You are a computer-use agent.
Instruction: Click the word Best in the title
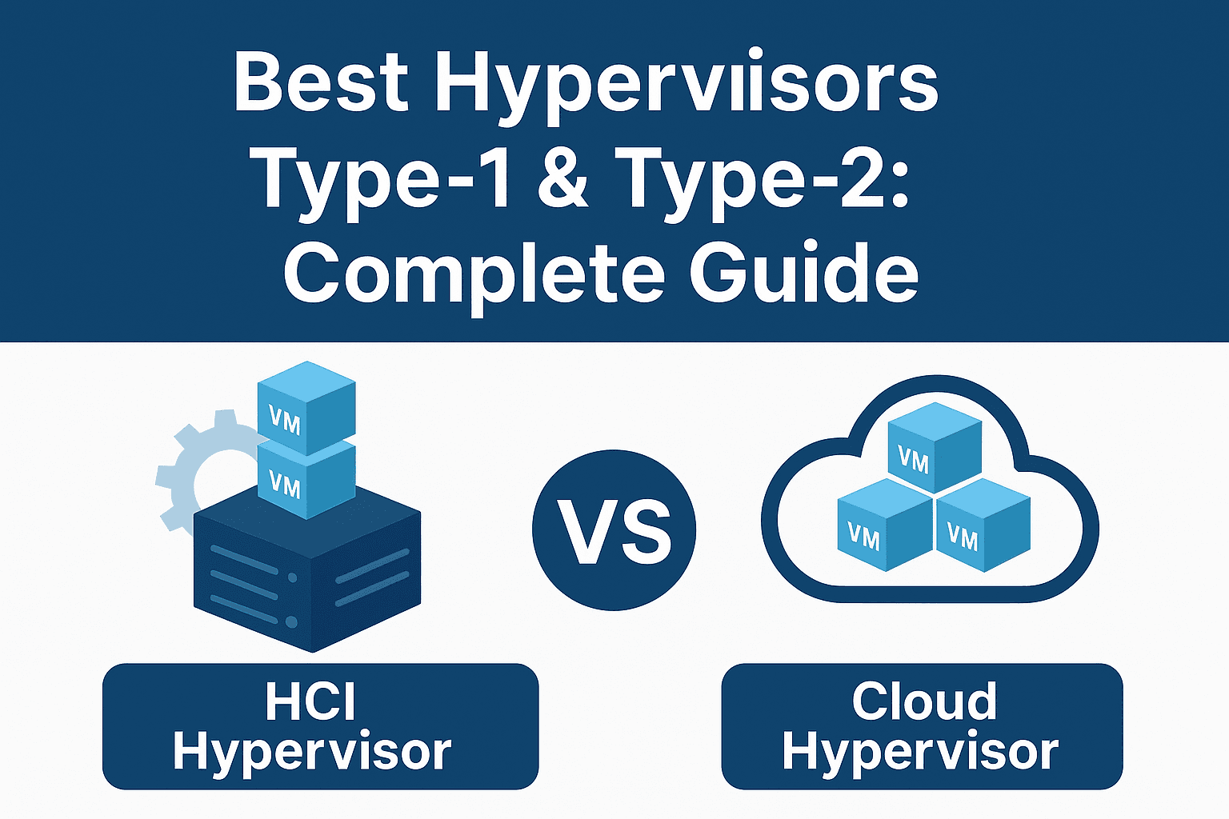click(x=320, y=84)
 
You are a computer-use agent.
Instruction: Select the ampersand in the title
click(x=563, y=180)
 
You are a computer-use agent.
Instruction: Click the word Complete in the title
click(x=474, y=272)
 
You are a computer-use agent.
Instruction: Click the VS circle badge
click(x=614, y=529)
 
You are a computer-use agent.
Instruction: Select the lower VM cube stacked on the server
click(x=306, y=480)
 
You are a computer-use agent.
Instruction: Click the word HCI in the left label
click(x=310, y=701)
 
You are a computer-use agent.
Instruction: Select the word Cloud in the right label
click(x=924, y=701)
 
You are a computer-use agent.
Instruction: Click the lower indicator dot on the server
click(x=292, y=621)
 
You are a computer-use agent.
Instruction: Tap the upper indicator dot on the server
click(x=293, y=577)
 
